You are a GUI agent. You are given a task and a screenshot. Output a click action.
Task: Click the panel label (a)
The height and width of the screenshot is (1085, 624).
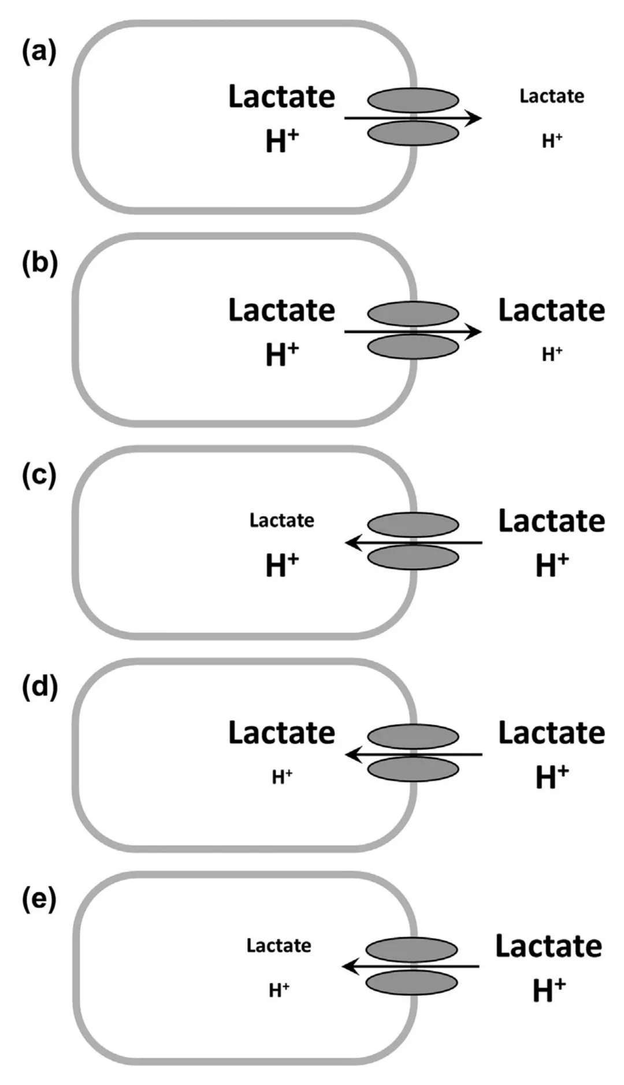click(x=39, y=53)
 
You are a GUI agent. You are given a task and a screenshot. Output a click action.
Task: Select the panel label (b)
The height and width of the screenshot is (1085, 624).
click(x=39, y=264)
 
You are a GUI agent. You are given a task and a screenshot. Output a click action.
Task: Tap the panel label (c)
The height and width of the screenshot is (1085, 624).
click(x=39, y=476)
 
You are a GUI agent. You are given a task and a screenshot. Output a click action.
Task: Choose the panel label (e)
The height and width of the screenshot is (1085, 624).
click(x=39, y=900)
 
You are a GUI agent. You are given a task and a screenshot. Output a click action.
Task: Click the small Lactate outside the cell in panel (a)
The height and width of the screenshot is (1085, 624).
click(x=552, y=96)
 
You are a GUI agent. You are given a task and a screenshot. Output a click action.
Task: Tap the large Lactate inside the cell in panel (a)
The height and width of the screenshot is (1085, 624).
click(x=281, y=97)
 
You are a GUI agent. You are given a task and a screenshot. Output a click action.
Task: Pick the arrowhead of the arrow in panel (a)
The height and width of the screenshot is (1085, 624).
click(x=474, y=118)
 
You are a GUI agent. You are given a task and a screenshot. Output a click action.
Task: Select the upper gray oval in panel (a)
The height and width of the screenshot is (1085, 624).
click(x=413, y=100)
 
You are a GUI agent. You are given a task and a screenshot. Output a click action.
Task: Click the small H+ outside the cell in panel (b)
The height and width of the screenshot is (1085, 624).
click(x=552, y=354)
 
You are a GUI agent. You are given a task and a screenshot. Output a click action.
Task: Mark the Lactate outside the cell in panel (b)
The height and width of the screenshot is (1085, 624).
click(x=552, y=311)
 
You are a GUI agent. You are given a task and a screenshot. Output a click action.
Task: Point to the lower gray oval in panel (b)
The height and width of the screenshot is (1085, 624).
click(x=413, y=347)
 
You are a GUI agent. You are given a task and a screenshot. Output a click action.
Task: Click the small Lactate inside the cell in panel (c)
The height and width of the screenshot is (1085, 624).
click(x=282, y=520)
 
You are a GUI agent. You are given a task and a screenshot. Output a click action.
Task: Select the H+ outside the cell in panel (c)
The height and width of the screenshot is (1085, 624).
click(x=552, y=565)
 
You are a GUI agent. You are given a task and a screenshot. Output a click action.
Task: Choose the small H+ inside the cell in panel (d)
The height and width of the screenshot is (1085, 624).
click(x=282, y=777)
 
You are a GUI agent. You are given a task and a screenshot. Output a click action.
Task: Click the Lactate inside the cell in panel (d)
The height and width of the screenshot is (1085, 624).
click(x=281, y=733)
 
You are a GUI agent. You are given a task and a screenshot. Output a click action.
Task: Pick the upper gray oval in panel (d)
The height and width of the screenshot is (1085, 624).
click(x=413, y=737)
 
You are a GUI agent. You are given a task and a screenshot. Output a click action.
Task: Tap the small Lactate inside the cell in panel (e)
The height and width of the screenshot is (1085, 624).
click(x=278, y=946)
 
